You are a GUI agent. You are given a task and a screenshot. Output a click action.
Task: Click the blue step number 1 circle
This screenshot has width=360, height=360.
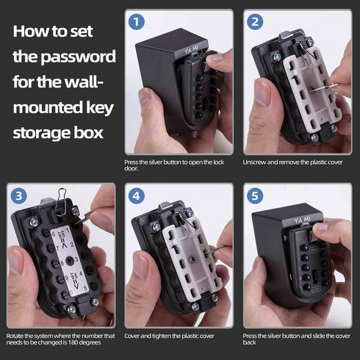click(135, 22)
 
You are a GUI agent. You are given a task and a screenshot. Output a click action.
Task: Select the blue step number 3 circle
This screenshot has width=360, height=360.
click(18, 195)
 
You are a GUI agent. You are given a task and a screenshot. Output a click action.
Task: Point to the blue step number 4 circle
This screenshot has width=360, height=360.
click(135, 195)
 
